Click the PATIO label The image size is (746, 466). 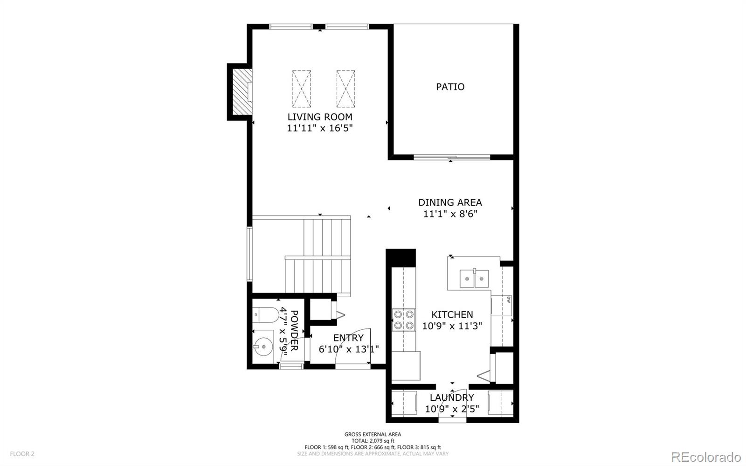click(x=450, y=87)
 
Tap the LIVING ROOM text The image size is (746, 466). click(x=319, y=117)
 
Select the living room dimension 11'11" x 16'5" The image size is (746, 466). click(x=319, y=128)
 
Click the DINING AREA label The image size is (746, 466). click(x=450, y=202)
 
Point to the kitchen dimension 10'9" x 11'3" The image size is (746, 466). click(x=452, y=326)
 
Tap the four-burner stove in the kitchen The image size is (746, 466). click(x=404, y=320)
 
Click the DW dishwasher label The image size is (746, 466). click(x=508, y=299)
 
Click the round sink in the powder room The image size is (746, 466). click(x=263, y=347)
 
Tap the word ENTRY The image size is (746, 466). click(x=348, y=338)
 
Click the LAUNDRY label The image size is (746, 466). click(x=452, y=397)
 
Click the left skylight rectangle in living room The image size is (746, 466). click(x=302, y=89)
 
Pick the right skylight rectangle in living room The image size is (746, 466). click(x=345, y=89)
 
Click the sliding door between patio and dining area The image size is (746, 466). click(x=452, y=158)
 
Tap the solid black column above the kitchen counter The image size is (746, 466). click(x=401, y=257)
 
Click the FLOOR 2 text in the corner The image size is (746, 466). click(x=22, y=453)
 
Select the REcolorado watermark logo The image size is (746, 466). click(x=706, y=456)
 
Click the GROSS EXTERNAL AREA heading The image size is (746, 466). click(x=373, y=434)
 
